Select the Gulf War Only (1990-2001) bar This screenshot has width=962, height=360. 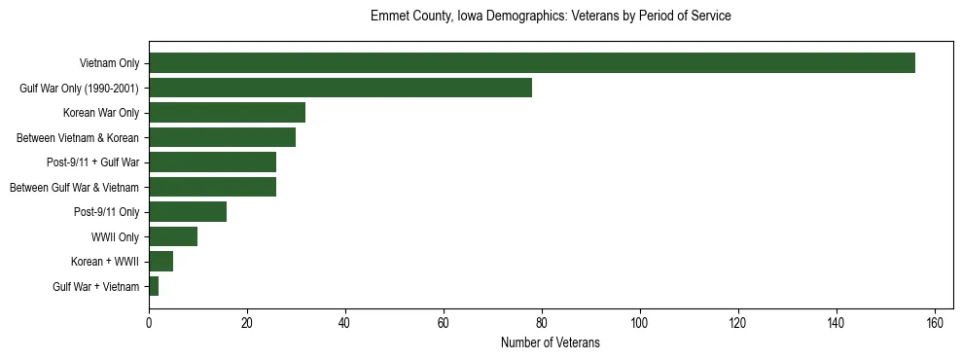(340, 88)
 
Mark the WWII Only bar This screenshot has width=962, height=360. (173, 236)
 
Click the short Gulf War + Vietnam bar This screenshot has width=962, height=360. (154, 286)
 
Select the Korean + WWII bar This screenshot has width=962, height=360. (160, 262)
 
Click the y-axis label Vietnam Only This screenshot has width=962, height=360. (109, 64)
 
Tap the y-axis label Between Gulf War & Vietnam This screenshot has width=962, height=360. (74, 188)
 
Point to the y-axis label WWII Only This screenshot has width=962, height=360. (115, 237)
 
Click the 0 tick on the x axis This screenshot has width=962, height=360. (149, 323)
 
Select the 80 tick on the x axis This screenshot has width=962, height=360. (542, 323)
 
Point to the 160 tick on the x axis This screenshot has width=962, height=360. (935, 323)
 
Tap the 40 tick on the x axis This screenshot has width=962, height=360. (345, 323)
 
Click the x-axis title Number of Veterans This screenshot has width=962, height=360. (550, 343)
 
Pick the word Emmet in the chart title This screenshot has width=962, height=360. (388, 17)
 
